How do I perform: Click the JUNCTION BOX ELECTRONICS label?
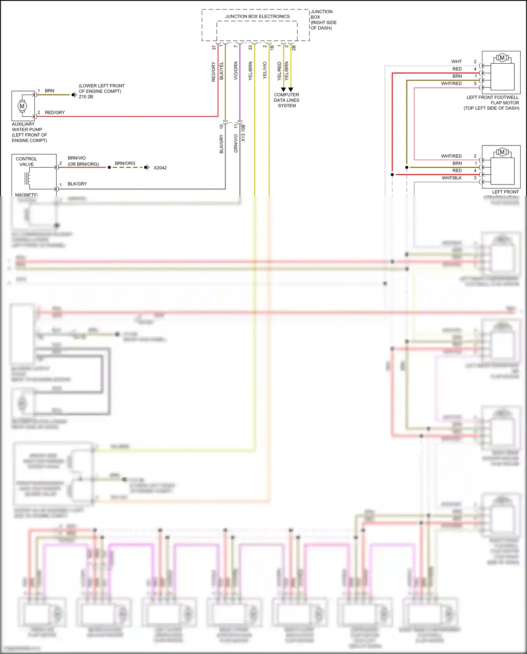tap(257, 17)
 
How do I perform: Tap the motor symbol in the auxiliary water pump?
tap(22, 106)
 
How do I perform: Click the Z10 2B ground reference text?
tap(86, 97)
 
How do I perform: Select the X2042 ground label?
tap(160, 168)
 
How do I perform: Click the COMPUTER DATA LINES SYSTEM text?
tap(287, 100)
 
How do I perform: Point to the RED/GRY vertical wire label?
tap(214, 72)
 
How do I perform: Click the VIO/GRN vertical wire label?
tap(236, 71)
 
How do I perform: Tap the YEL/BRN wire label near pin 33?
tap(251, 71)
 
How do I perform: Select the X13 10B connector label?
tap(243, 133)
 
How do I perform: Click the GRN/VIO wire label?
tap(236, 143)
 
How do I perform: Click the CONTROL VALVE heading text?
tap(26, 162)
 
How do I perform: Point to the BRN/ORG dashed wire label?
tap(125, 163)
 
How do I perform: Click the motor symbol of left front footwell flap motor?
tap(502, 58)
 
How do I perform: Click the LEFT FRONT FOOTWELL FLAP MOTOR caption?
tap(492, 103)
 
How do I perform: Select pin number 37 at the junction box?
tap(214, 47)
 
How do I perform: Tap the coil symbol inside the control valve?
tap(27, 178)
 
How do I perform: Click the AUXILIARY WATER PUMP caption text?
tap(29, 132)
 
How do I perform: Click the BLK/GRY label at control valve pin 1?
tap(77, 184)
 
